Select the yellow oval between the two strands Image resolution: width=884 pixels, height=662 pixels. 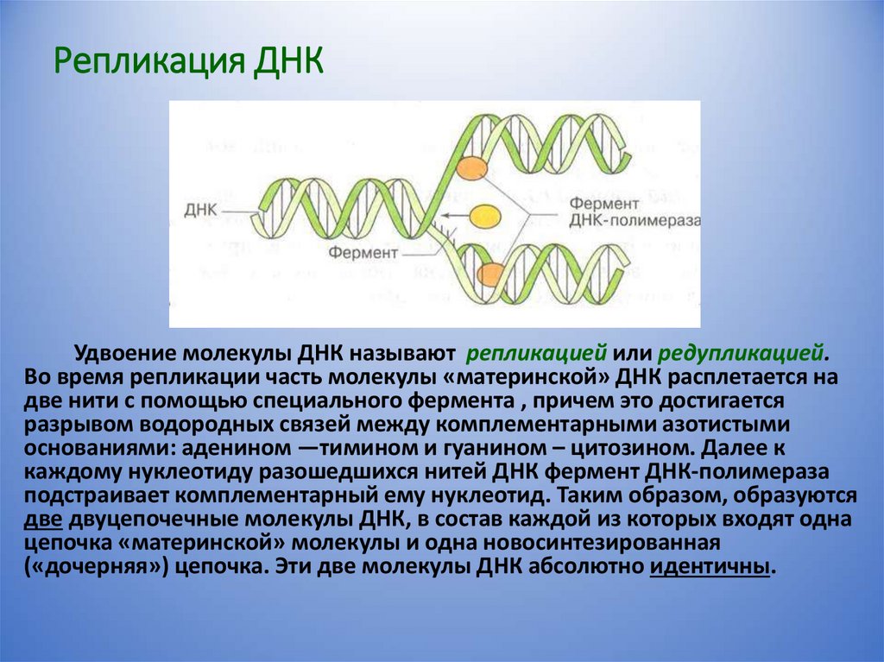[x=485, y=215]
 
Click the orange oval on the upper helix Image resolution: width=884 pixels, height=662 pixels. [x=471, y=167]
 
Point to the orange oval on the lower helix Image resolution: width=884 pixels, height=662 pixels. [x=490, y=274]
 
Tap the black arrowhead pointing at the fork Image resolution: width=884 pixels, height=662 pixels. [x=445, y=216]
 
